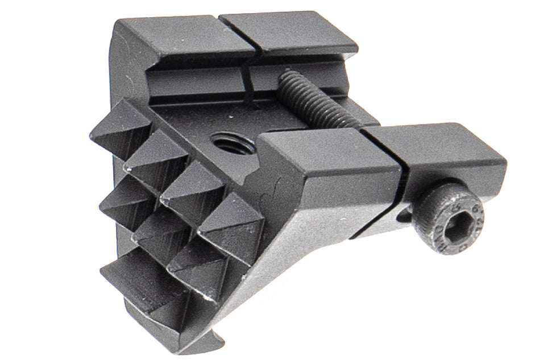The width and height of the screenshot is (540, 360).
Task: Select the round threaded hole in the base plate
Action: point(231,142)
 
